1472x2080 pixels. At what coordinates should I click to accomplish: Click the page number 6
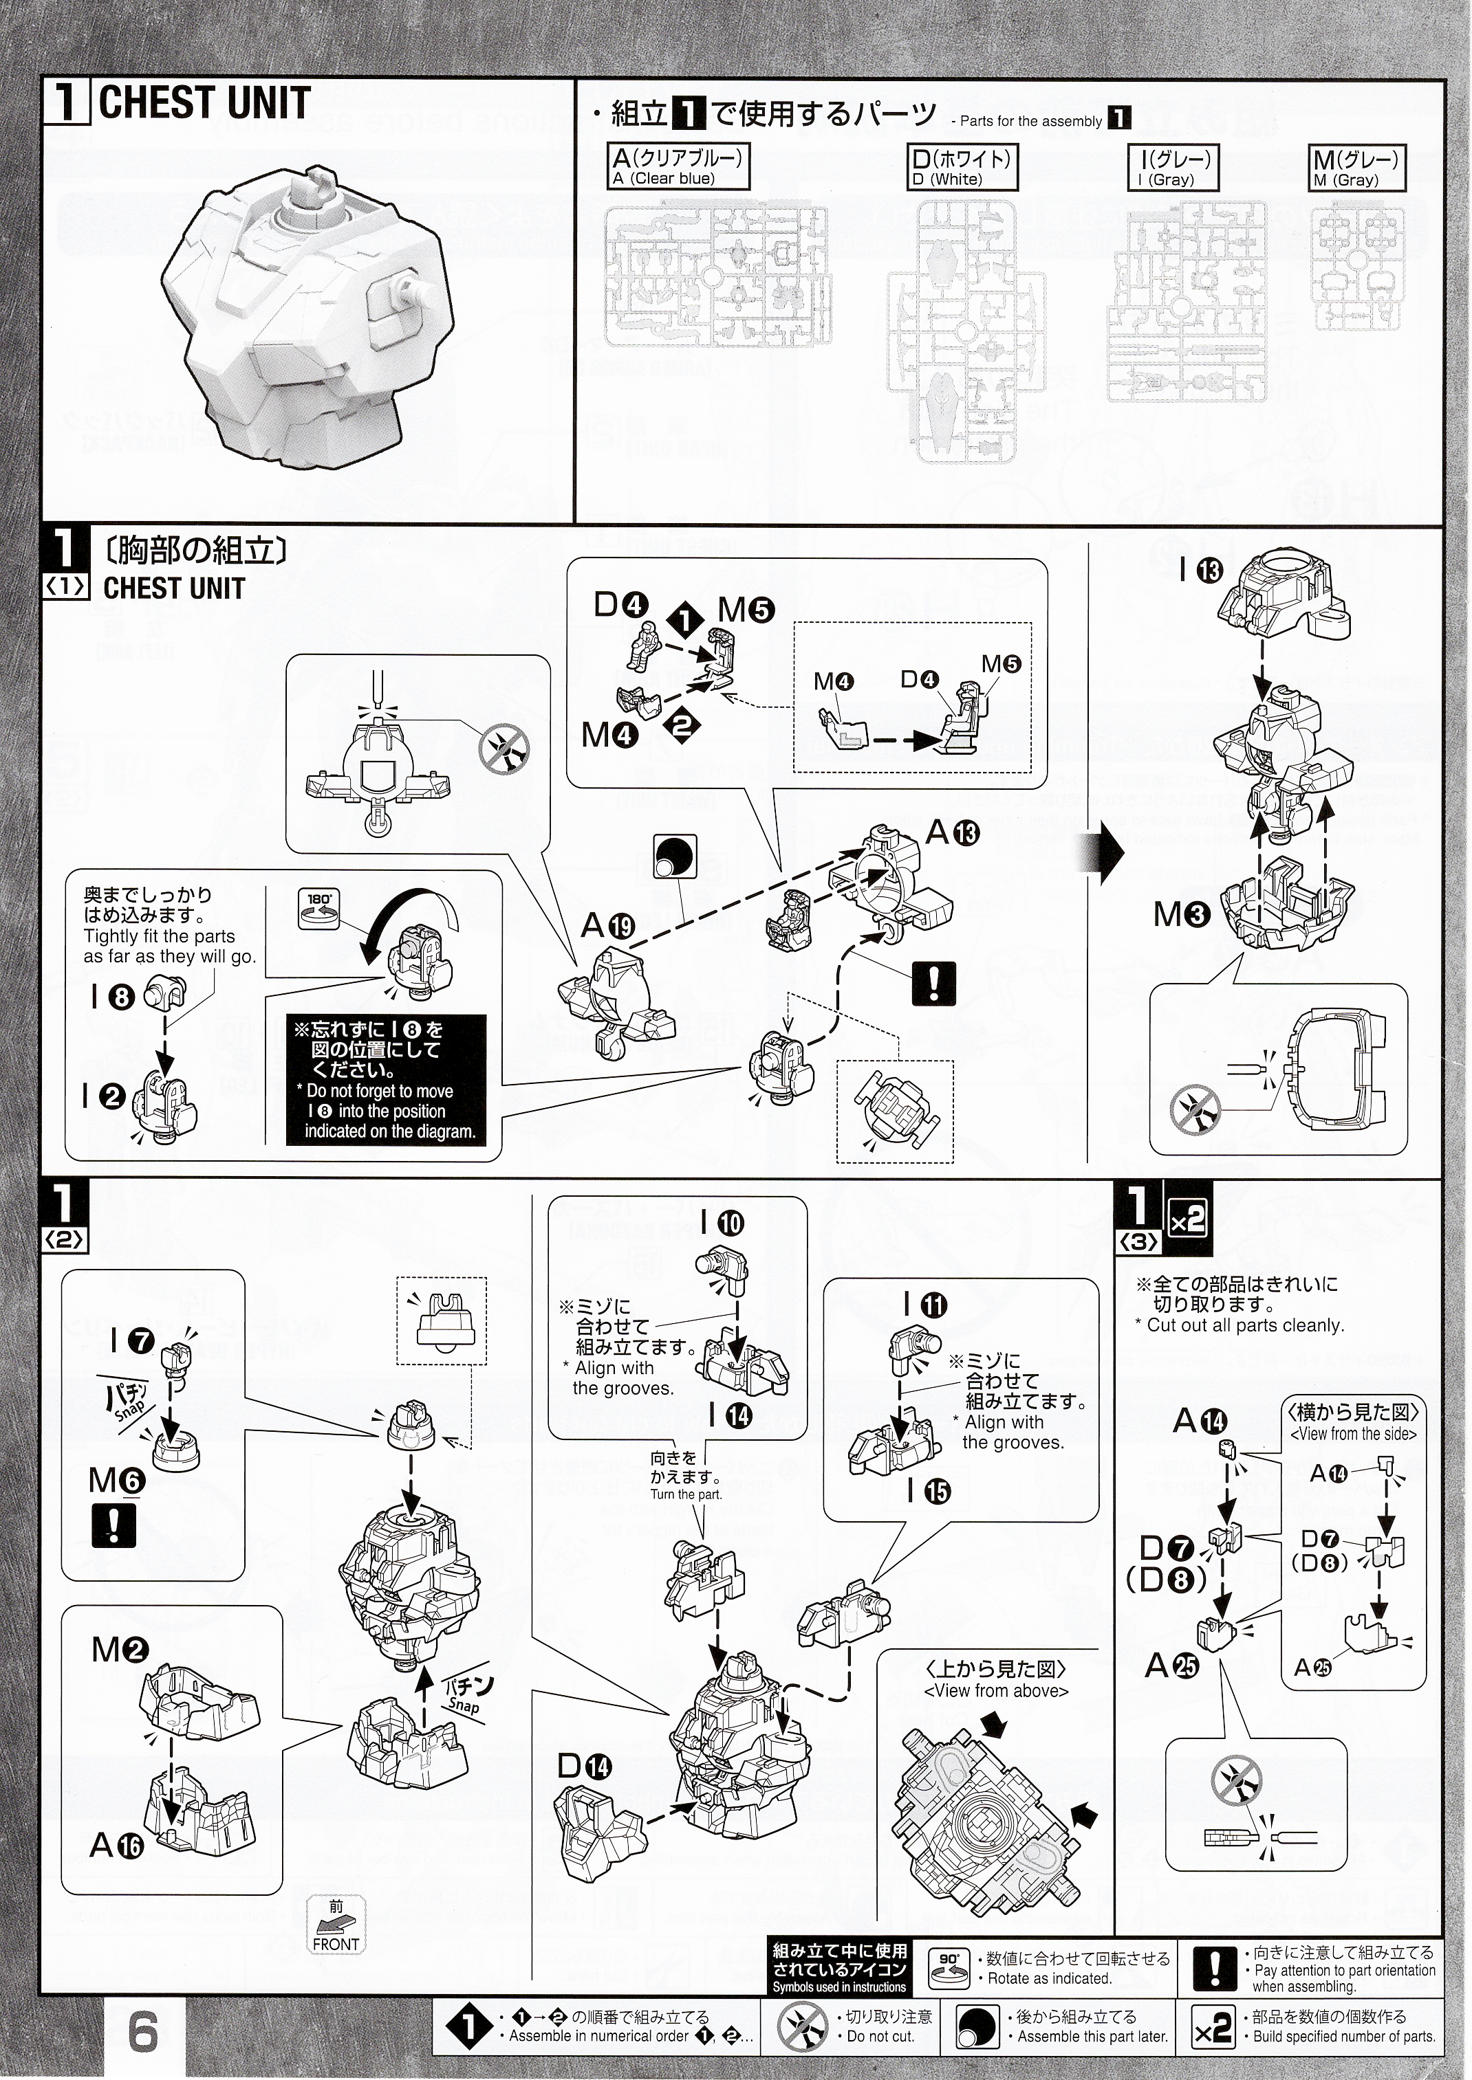[143, 2034]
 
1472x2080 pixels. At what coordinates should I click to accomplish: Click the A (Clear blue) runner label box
[679, 168]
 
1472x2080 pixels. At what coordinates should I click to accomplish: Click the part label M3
[1181, 915]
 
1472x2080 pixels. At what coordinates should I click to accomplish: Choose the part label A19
[608, 925]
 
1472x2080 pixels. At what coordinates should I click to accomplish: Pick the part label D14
[585, 1766]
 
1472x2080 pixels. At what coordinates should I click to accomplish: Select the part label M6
[117, 1481]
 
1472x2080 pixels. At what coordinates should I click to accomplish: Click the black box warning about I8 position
[386, 1079]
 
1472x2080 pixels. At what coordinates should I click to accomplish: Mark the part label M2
[120, 1650]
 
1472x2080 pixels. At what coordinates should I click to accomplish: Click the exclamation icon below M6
[114, 1525]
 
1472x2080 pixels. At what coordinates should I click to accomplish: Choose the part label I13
[1202, 570]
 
